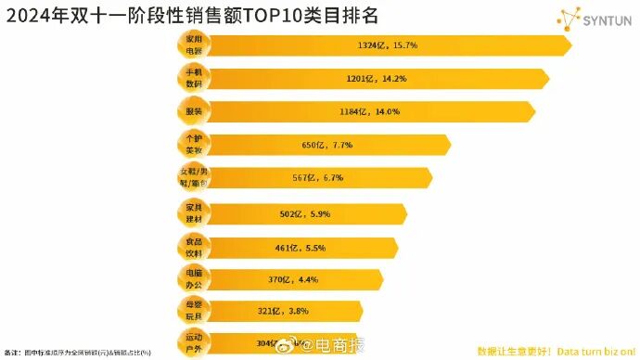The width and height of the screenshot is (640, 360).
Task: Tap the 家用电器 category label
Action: pyautogui.click(x=194, y=45)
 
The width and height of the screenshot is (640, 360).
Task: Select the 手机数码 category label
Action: pyautogui.click(x=194, y=78)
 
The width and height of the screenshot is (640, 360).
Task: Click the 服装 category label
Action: pyautogui.click(x=194, y=111)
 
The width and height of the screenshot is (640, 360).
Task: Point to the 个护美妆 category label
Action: pyautogui.click(x=194, y=145)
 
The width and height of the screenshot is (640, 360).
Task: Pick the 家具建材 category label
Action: pyautogui.click(x=194, y=214)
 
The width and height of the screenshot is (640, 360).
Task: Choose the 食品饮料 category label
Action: pyautogui.click(x=194, y=248)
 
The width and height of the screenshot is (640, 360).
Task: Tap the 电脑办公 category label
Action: pyautogui.click(x=194, y=279)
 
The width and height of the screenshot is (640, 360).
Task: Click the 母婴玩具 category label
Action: pyautogui.click(x=194, y=311)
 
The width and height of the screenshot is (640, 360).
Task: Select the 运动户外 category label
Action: pyautogui.click(x=194, y=341)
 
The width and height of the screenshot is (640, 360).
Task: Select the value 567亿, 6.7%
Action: pyautogui.click(x=318, y=178)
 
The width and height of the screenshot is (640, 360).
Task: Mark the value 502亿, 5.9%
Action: pyautogui.click(x=305, y=214)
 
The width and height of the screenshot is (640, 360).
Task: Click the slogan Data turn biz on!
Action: pyautogui.click(x=595, y=351)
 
